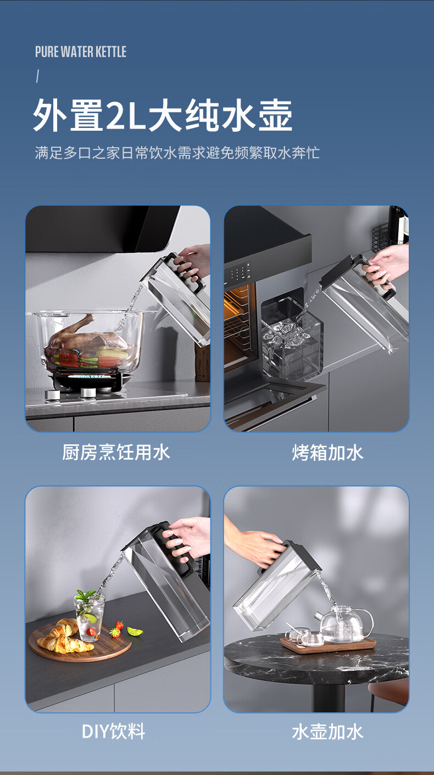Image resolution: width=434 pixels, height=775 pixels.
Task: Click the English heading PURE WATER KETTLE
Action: [x=81, y=52]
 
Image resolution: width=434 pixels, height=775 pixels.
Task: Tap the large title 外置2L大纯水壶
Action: [x=163, y=115]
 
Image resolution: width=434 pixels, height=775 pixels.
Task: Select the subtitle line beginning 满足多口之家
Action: [x=177, y=153]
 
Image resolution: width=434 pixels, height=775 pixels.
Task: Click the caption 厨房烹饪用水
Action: [x=116, y=452]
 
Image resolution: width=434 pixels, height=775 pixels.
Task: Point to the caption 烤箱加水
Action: [x=327, y=453]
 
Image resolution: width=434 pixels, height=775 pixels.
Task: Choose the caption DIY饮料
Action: [x=114, y=732]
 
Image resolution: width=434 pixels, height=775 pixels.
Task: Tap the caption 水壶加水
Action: [x=327, y=732]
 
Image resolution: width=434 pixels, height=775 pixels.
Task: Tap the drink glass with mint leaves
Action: [x=90, y=616]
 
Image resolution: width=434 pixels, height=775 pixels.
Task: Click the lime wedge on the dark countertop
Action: [x=135, y=631]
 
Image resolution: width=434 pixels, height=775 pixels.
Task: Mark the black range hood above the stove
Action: [x=102, y=228]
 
